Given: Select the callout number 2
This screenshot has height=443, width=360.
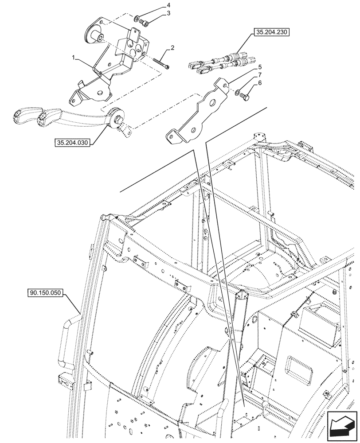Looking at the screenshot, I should [172, 48].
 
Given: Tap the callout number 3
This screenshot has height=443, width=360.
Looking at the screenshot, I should [168, 14].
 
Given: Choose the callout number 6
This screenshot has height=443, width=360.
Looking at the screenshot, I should [260, 83].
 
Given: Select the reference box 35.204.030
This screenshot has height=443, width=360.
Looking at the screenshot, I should [72, 143].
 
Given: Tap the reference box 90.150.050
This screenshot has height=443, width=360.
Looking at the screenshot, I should [46, 293].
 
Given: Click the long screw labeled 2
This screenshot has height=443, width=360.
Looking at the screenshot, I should [161, 62].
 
